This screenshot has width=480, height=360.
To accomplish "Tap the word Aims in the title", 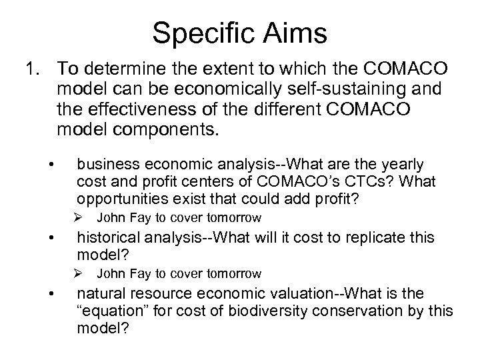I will pos(297,32).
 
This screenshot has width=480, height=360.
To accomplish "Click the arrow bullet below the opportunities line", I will pos(78,218).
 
